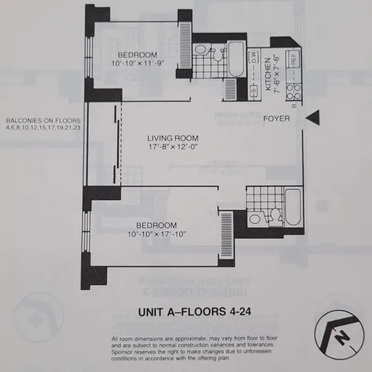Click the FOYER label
(x=276, y=119)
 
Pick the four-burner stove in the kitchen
(x=292, y=93)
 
